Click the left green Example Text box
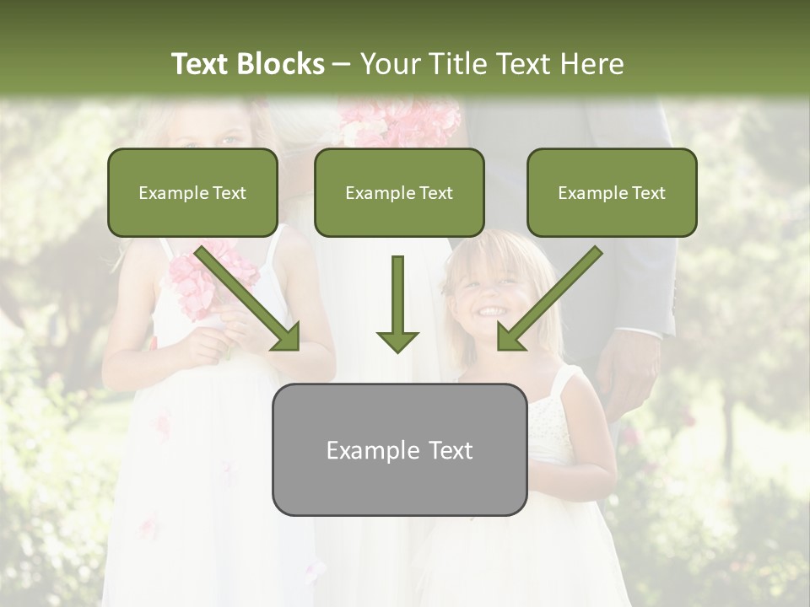pyautogui.click(x=192, y=192)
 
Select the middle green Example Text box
pyautogui.click(x=399, y=192)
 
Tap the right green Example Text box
pyautogui.click(x=612, y=192)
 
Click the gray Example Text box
pyautogui.click(x=399, y=449)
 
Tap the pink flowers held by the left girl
pyautogui.click(x=211, y=278)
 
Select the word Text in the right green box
pyautogui.click(x=648, y=192)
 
